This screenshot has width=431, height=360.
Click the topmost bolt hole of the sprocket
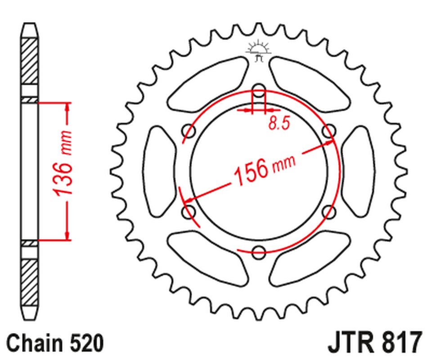(258, 89)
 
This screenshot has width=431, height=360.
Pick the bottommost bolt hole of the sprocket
(258, 252)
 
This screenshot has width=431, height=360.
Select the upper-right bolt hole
(329, 130)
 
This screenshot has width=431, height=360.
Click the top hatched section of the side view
(29, 61)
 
